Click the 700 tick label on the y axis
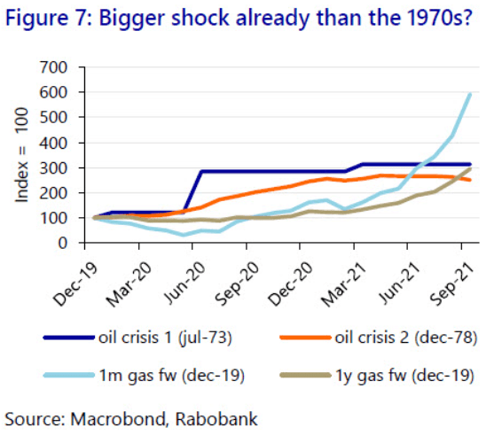pyautogui.click(x=53, y=67)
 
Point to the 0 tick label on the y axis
pyautogui.click(x=62, y=243)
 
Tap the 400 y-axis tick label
pyautogui.click(x=53, y=143)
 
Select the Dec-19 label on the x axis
pyautogui.click(x=76, y=284)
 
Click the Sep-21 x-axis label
pyautogui.click(x=452, y=284)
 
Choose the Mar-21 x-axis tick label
pyautogui.click(x=344, y=284)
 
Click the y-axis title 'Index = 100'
pyautogui.click(x=22, y=154)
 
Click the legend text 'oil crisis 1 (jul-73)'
pyautogui.click(x=165, y=338)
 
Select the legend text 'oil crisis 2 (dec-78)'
pyautogui.click(x=406, y=338)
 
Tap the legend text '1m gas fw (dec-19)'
pyautogui.click(x=172, y=376)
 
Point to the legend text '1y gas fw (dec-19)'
pyautogui.click(x=404, y=376)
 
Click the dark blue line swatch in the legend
pyautogui.click(x=69, y=338)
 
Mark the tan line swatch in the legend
pyautogui.click(x=305, y=375)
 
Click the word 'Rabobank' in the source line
pyautogui.click(x=216, y=419)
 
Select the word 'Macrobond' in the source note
pyautogui.click(x=117, y=419)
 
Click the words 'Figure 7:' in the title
pyautogui.click(x=48, y=18)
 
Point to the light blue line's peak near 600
pyautogui.click(x=470, y=94)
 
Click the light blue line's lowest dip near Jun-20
pyautogui.click(x=184, y=235)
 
